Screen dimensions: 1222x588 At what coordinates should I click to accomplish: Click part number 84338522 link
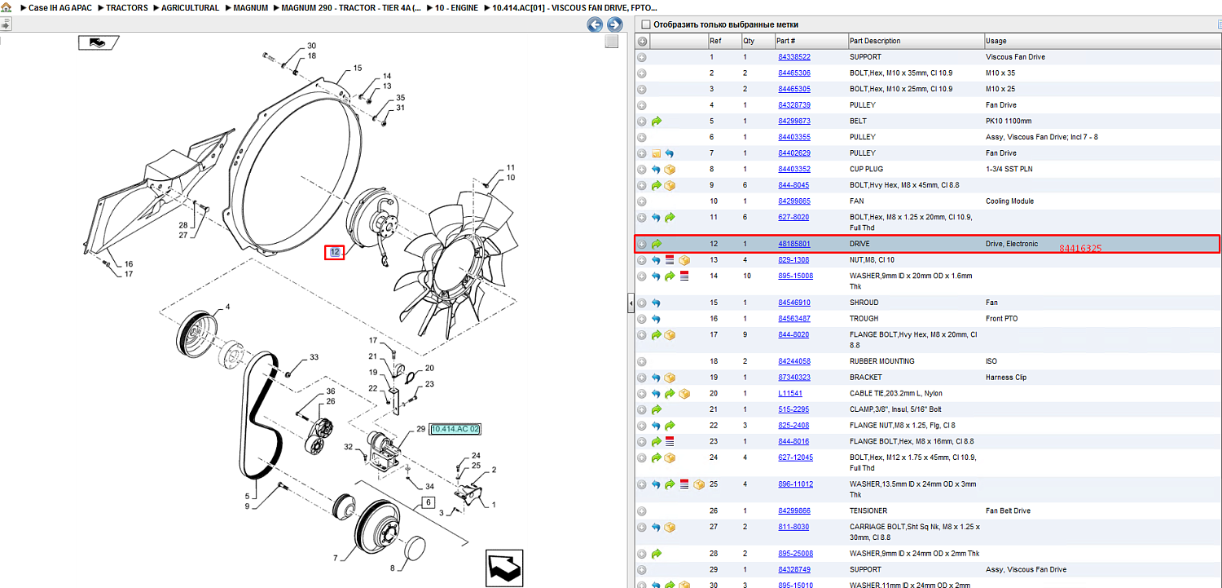point(793,57)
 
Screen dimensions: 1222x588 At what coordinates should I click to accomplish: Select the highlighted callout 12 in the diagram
point(334,252)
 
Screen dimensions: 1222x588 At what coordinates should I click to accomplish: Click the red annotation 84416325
point(1080,249)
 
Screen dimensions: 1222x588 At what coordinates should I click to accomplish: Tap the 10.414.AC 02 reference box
point(455,429)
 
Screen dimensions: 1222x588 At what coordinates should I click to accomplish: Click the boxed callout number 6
point(429,502)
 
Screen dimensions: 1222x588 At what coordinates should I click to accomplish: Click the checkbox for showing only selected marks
point(646,24)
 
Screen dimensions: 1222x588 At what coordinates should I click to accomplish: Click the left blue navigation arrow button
point(595,24)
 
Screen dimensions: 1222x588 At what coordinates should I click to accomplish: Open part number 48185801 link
point(793,244)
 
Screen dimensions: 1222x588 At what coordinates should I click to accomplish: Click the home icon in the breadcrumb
point(7,7)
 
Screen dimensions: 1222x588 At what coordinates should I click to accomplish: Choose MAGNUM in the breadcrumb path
point(250,7)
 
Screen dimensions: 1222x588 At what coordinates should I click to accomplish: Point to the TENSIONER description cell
point(868,511)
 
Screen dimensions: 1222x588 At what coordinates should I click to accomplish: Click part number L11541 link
point(790,394)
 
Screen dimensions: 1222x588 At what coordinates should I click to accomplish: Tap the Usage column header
point(996,41)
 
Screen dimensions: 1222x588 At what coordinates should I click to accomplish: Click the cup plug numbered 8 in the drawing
point(415,548)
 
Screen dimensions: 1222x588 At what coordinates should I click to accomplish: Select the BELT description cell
point(858,122)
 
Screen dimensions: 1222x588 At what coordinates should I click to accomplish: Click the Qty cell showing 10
point(747,276)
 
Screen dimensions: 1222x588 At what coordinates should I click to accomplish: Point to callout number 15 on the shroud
point(358,69)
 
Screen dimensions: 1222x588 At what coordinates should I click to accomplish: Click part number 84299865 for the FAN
point(793,201)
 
